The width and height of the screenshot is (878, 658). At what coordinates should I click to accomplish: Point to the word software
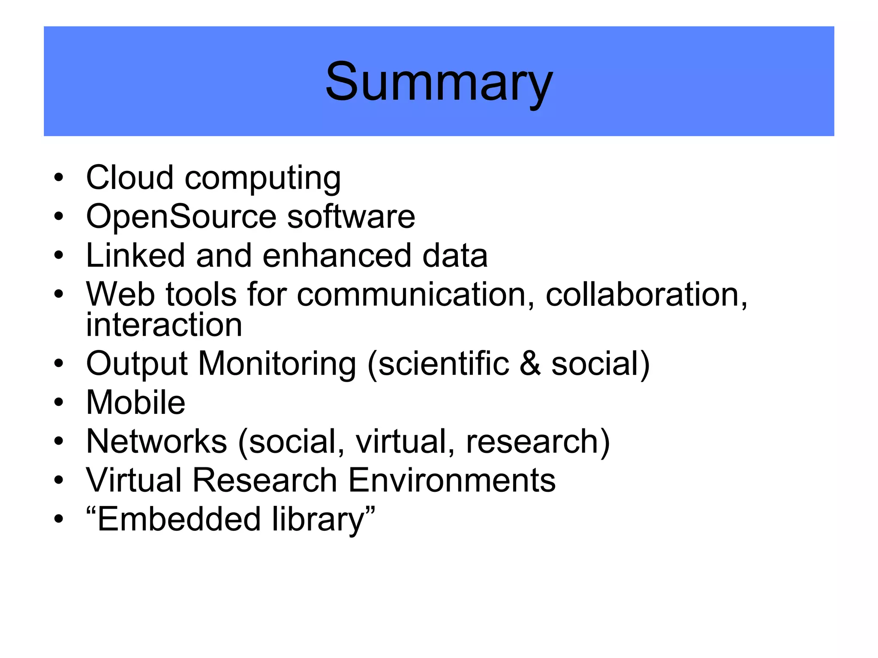tap(351, 216)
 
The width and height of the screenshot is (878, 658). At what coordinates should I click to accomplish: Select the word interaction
tap(164, 325)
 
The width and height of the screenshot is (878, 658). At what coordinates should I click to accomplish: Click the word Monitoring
tap(277, 364)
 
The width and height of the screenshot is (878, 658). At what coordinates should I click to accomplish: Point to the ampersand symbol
tap(530, 364)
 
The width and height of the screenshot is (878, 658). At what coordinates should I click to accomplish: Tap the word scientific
tap(444, 364)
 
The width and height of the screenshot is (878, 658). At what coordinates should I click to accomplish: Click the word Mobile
tap(136, 403)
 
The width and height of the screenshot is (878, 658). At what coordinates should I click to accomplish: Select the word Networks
tap(156, 442)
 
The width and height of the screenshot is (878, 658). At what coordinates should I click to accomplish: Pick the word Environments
tap(452, 480)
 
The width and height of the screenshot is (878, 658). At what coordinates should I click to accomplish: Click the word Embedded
tap(179, 519)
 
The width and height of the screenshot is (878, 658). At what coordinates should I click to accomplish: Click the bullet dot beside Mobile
tap(59, 403)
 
